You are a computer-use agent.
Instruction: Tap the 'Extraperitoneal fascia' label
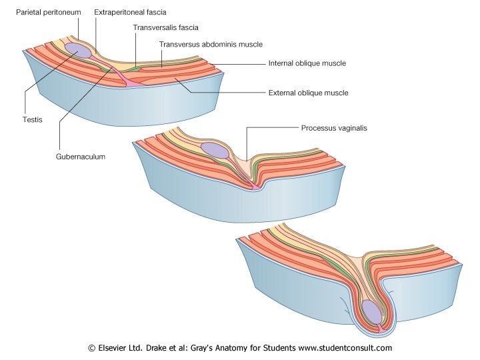point(131,12)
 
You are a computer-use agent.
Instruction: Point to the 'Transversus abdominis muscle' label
point(211,44)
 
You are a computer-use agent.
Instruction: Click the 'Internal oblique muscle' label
point(307,63)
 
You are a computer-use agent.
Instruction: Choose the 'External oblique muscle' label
point(308,93)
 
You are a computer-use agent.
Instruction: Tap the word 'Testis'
point(26,119)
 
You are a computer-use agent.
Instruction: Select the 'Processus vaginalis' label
point(333,127)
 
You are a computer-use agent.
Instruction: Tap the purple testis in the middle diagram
point(215,151)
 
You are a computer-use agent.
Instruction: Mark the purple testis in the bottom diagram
point(373,311)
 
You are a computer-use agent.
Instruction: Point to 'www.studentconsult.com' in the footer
point(345,348)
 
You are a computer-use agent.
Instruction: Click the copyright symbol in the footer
point(93,348)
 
